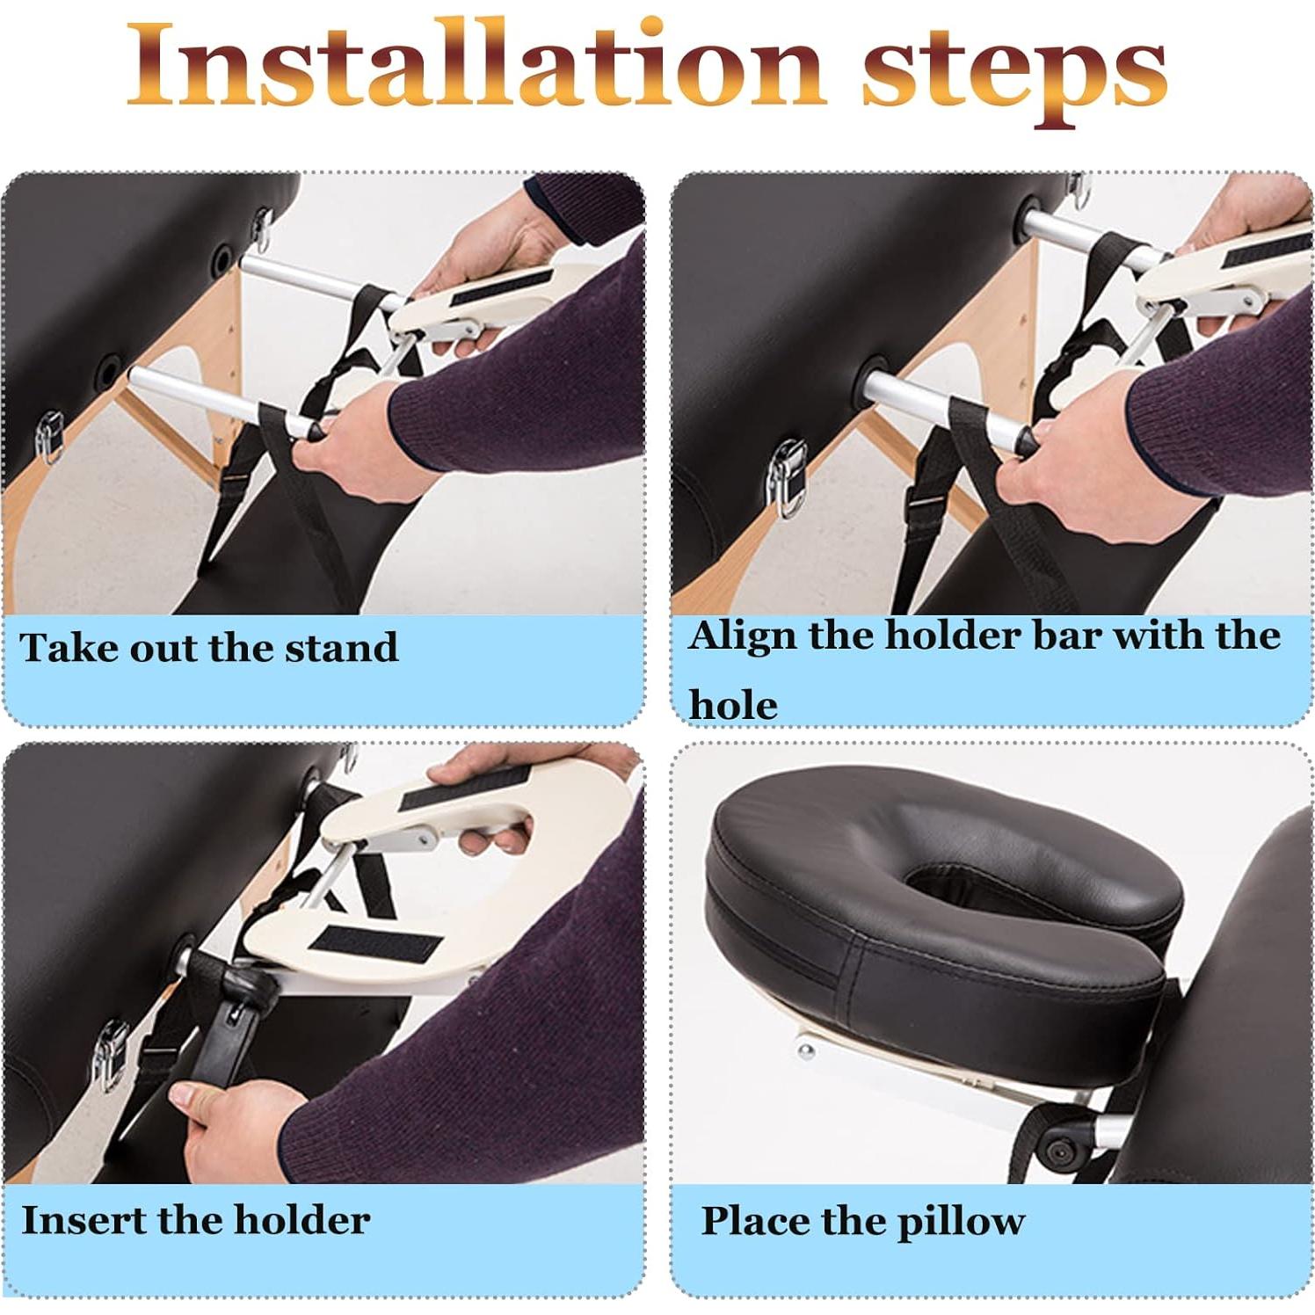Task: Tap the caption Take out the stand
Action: pyautogui.click(x=209, y=649)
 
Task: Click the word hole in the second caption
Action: pyautogui.click(x=733, y=705)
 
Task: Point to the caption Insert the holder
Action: pyautogui.click(x=195, y=1220)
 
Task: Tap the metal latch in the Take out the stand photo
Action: pyautogui.click(x=49, y=436)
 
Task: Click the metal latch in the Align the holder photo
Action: pyautogui.click(x=786, y=477)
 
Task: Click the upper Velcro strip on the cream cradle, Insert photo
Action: pyautogui.click(x=466, y=788)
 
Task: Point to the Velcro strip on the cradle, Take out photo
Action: pyautogui.click(x=501, y=288)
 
